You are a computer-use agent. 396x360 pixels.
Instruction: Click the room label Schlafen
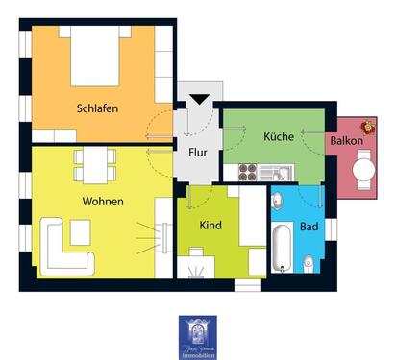[97, 108]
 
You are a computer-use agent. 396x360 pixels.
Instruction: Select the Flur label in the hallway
[197, 152]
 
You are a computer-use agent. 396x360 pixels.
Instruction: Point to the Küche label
[279, 137]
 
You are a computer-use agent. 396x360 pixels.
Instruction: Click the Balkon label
[346, 141]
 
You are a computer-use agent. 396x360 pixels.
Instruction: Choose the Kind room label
[210, 225]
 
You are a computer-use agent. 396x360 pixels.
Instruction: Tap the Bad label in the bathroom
[309, 228]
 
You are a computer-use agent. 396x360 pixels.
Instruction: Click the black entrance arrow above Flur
[199, 98]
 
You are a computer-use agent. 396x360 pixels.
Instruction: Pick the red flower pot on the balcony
[367, 127]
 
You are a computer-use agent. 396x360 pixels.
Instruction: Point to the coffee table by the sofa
[80, 231]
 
